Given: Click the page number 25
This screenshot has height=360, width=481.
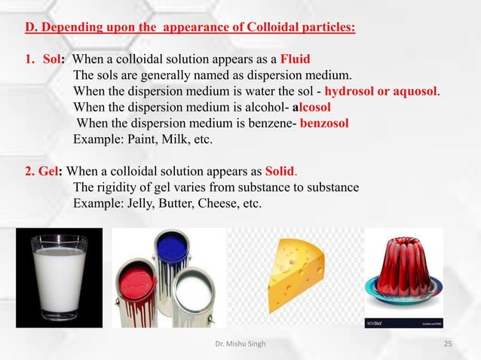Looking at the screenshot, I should click(448, 345).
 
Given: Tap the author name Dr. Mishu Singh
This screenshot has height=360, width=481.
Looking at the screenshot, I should click(240, 345).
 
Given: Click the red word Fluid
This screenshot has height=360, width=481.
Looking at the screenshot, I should click(295, 59).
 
